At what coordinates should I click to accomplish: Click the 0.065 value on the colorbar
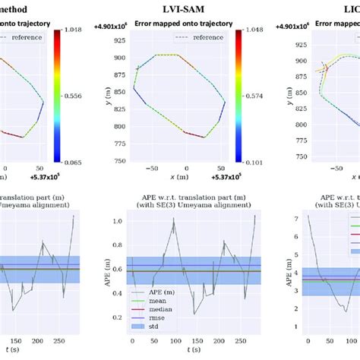(x=70, y=161)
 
